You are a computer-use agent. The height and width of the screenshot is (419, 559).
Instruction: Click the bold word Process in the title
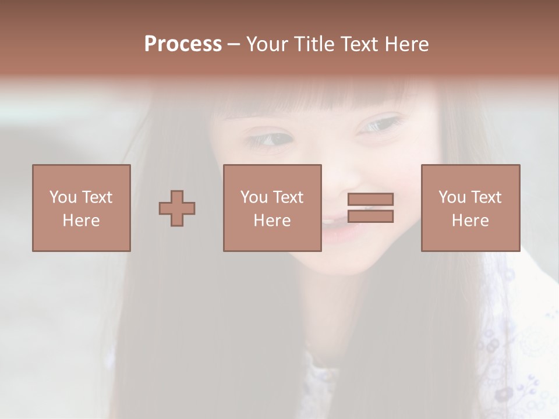pyautogui.click(x=183, y=44)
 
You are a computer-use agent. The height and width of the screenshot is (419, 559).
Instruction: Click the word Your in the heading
pyautogui.click(x=267, y=44)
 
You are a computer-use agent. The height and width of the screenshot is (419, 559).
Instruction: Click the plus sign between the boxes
pyautogui.click(x=177, y=208)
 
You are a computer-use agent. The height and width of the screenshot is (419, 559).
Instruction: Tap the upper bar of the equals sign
pyautogui.click(x=370, y=199)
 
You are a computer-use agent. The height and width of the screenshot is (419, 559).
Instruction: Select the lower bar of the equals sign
pyautogui.click(x=370, y=216)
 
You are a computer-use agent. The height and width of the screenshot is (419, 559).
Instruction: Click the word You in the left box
pyautogui.click(x=63, y=197)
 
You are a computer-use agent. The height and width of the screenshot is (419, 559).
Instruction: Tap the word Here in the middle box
pyautogui.click(x=272, y=221)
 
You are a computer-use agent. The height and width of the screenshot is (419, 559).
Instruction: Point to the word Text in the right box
pyautogui.click(x=487, y=197)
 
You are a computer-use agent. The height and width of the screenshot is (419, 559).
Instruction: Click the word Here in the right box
pyautogui.click(x=470, y=221)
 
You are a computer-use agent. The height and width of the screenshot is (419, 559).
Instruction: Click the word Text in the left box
pyautogui.click(x=97, y=197)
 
